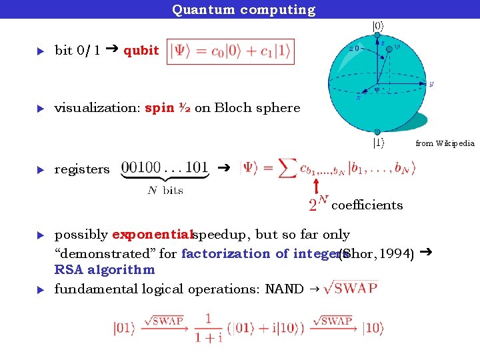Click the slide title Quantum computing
pyautogui.click(x=243, y=9)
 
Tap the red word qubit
pyautogui.click(x=141, y=51)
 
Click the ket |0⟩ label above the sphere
pyautogui.click(x=378, y=27)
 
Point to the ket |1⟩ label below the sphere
pyautogui.click(x=378, y=142)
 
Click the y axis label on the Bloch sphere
pyautogui.click(x=431, y=84)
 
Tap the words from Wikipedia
pyautogui.click(x=445, y=143)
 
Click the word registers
pyautogui.click(x=82, y=169)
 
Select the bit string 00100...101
pyautogui.click(x=165, y=167)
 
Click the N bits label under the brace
pyautogui.click(x=165, y=191)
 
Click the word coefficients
pyautogui.click(x=367, y=205)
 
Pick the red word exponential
pyautogui.click(x=152, y=235)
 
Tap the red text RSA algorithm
pyautogui.click(x=104, y=270)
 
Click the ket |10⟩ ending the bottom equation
pyautogui.click(x=373, y=328)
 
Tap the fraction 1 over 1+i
pyautogui.click(x=209, y=329)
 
